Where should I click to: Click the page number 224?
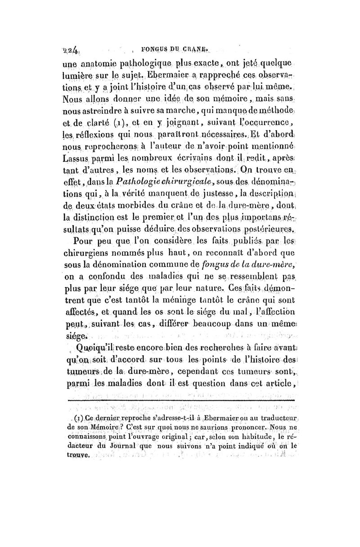(72, 51)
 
